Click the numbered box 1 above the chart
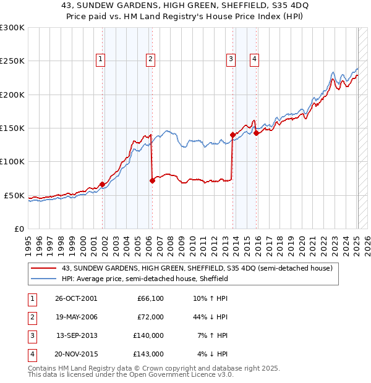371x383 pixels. (x=100, y=59)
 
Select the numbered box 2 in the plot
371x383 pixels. (x=150, y=59)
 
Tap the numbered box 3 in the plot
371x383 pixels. (x=231, y=59)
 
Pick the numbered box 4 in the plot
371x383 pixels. (x=254, y=59)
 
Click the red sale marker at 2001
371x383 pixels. (x=103, y=184)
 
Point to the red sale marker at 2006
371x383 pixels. (x=152, y=180)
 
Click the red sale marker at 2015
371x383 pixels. (x=256, y=133)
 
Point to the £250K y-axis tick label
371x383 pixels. (x=12, y=61)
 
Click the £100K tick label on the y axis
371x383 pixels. (x=12, y=161)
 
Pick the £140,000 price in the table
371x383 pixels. (x=149, y=335)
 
